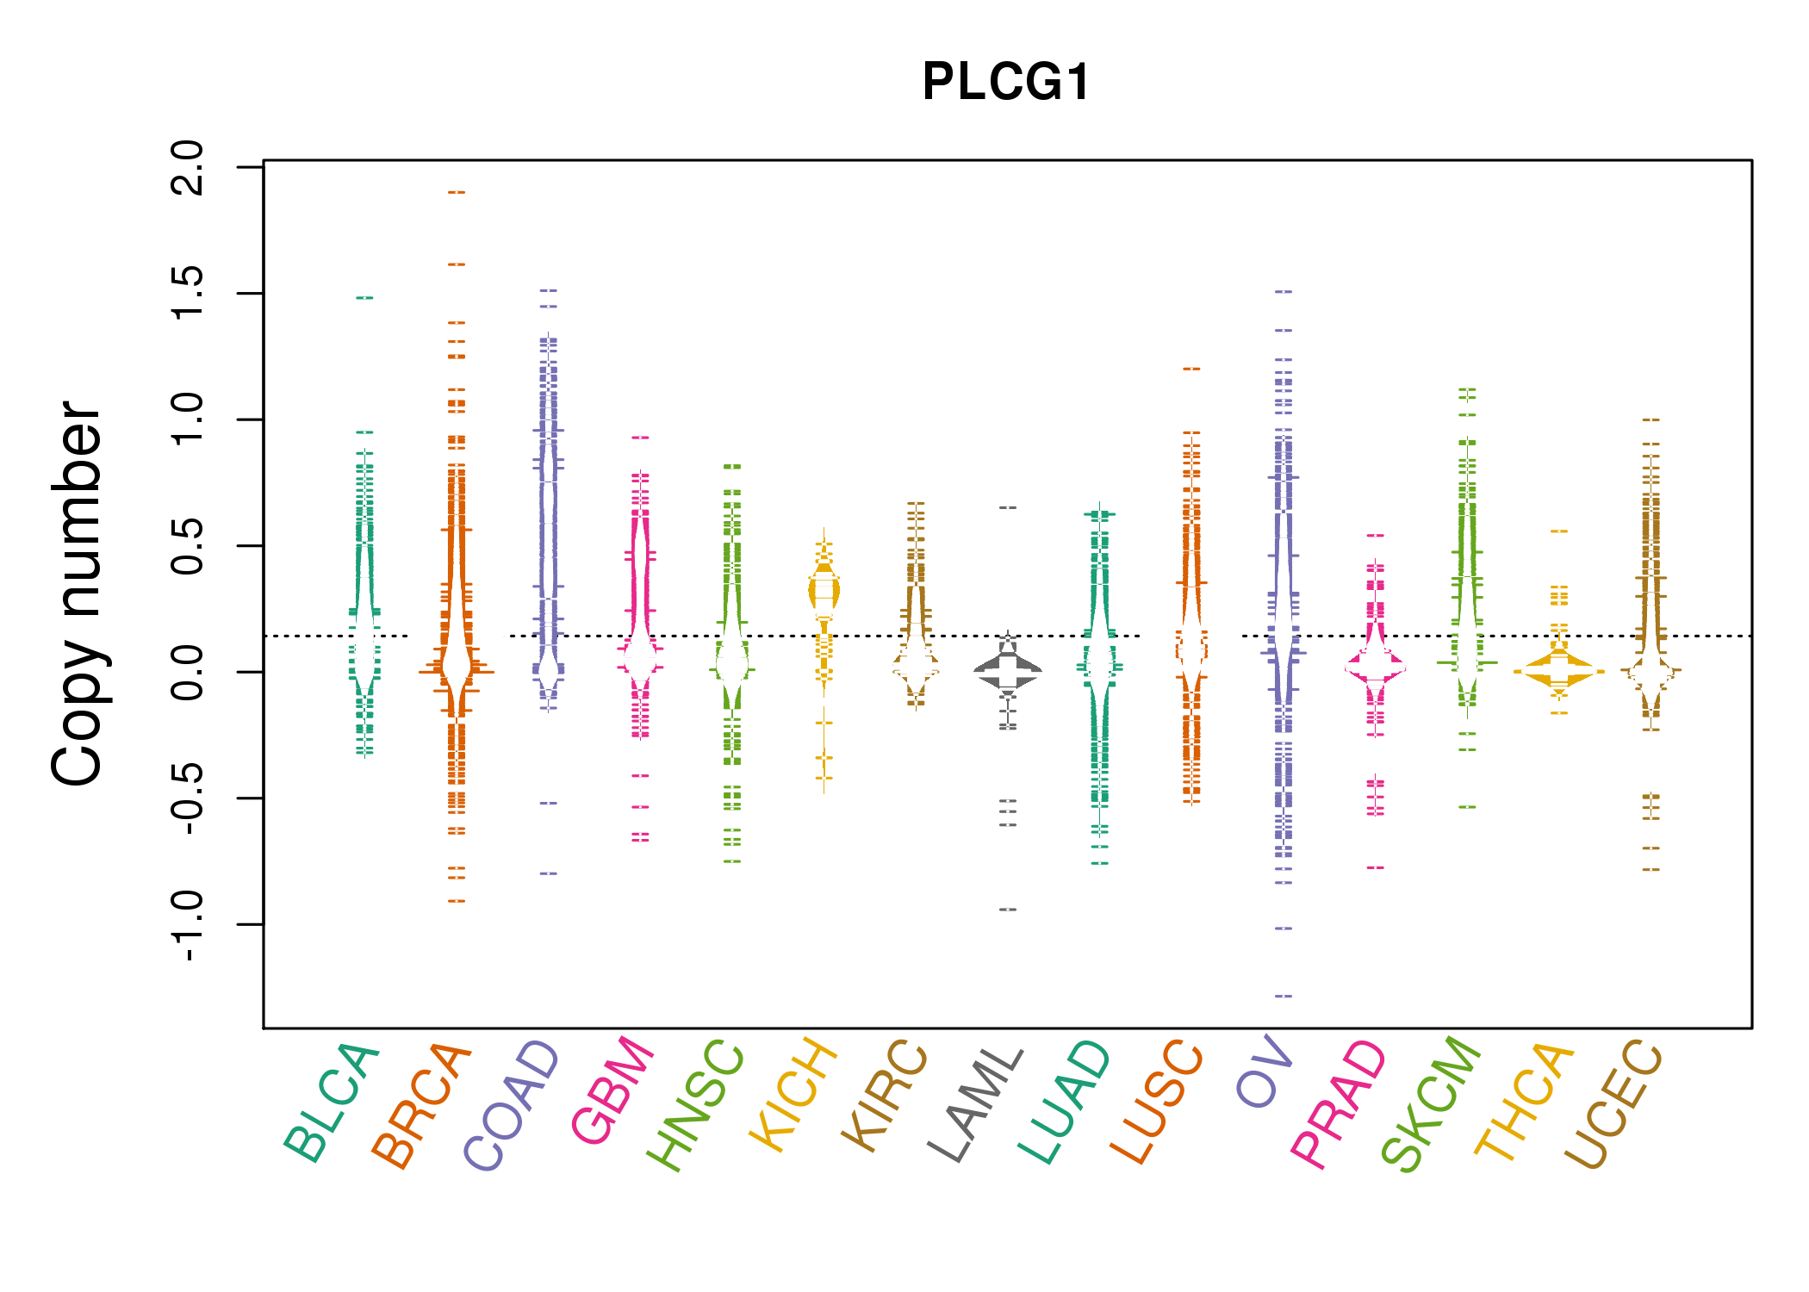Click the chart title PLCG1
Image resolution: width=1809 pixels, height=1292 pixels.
click(x=1006, y=83)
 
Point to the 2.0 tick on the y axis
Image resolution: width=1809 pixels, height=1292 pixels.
click(x=188, y=167)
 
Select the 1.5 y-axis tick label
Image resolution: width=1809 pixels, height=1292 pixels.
click(x=188, y=294)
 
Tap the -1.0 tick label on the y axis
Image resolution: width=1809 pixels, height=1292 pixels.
click(x=188, y=925)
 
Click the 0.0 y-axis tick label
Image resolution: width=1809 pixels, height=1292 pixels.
click(x=188, y=672)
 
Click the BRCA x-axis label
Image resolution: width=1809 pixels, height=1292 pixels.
click(x=422, y=1106)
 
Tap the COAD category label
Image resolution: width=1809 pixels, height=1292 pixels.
click(x=513, y=1106)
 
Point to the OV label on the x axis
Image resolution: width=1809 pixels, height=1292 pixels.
click(x=1265, y=1073)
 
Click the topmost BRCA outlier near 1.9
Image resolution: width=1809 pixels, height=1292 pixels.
click(x=457, y=192)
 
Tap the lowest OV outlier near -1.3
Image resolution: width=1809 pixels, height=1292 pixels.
click(x=1284, y=996)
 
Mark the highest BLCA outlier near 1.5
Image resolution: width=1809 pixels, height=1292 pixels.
click(x=365, y=298)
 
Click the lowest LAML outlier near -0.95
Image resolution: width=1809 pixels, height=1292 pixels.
click(x=1008, y=910)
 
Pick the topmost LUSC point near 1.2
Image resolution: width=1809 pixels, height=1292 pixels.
click(x=1191, y=369)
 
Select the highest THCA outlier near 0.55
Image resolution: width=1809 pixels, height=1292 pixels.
click(x=1559, y=531)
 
